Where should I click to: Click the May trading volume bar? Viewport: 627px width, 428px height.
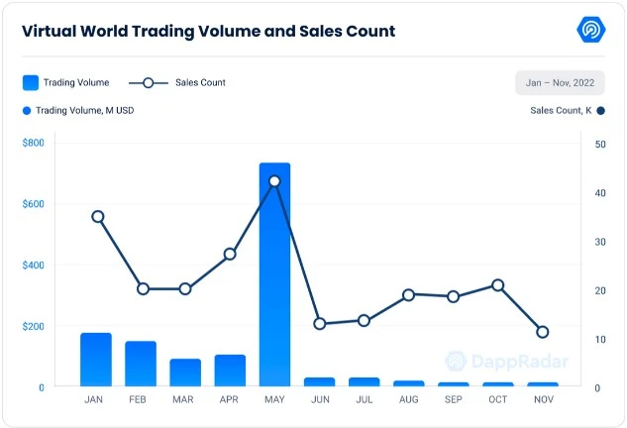pos(274,274)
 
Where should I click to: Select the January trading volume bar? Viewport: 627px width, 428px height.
pos(96,360)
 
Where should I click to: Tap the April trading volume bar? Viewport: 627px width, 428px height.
pos(230,371)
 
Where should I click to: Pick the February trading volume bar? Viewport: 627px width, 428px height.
pos(141,364)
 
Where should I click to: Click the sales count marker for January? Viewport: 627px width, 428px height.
pos(97,216)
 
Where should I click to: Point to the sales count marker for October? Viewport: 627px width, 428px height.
pos(498,285)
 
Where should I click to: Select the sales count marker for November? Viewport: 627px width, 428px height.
pos(543,332)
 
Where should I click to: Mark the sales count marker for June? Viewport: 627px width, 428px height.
pos(319,324)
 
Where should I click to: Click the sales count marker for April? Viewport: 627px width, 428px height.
pos(230,254)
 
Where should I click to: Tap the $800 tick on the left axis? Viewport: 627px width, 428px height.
pos(34,144)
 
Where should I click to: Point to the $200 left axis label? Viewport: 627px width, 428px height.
pos(34,326)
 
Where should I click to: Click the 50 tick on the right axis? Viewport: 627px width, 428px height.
pos(600,144)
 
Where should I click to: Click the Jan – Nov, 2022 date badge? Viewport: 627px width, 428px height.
pos(560,82)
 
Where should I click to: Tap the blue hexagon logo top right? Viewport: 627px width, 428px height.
pos(591,30)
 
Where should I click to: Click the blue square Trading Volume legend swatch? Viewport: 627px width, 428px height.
pos(31,82)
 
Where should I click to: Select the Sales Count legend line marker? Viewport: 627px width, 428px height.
pos(148,82)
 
